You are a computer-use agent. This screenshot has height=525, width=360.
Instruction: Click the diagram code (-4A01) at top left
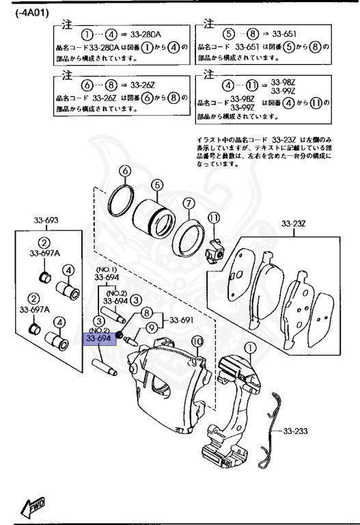click(x=31, y=13)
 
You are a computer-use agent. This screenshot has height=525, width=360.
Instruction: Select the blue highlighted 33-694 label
click(x=99, y=338)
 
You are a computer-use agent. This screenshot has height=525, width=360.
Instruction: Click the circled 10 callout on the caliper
click(x=197, y=341)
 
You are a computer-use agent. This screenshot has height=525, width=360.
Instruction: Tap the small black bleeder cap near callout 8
click(x=119, y=334)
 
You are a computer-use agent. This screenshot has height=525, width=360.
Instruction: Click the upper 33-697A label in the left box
click(x=44, y=254)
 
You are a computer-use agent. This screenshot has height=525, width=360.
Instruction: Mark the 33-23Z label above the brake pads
click(x=296, y=222)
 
